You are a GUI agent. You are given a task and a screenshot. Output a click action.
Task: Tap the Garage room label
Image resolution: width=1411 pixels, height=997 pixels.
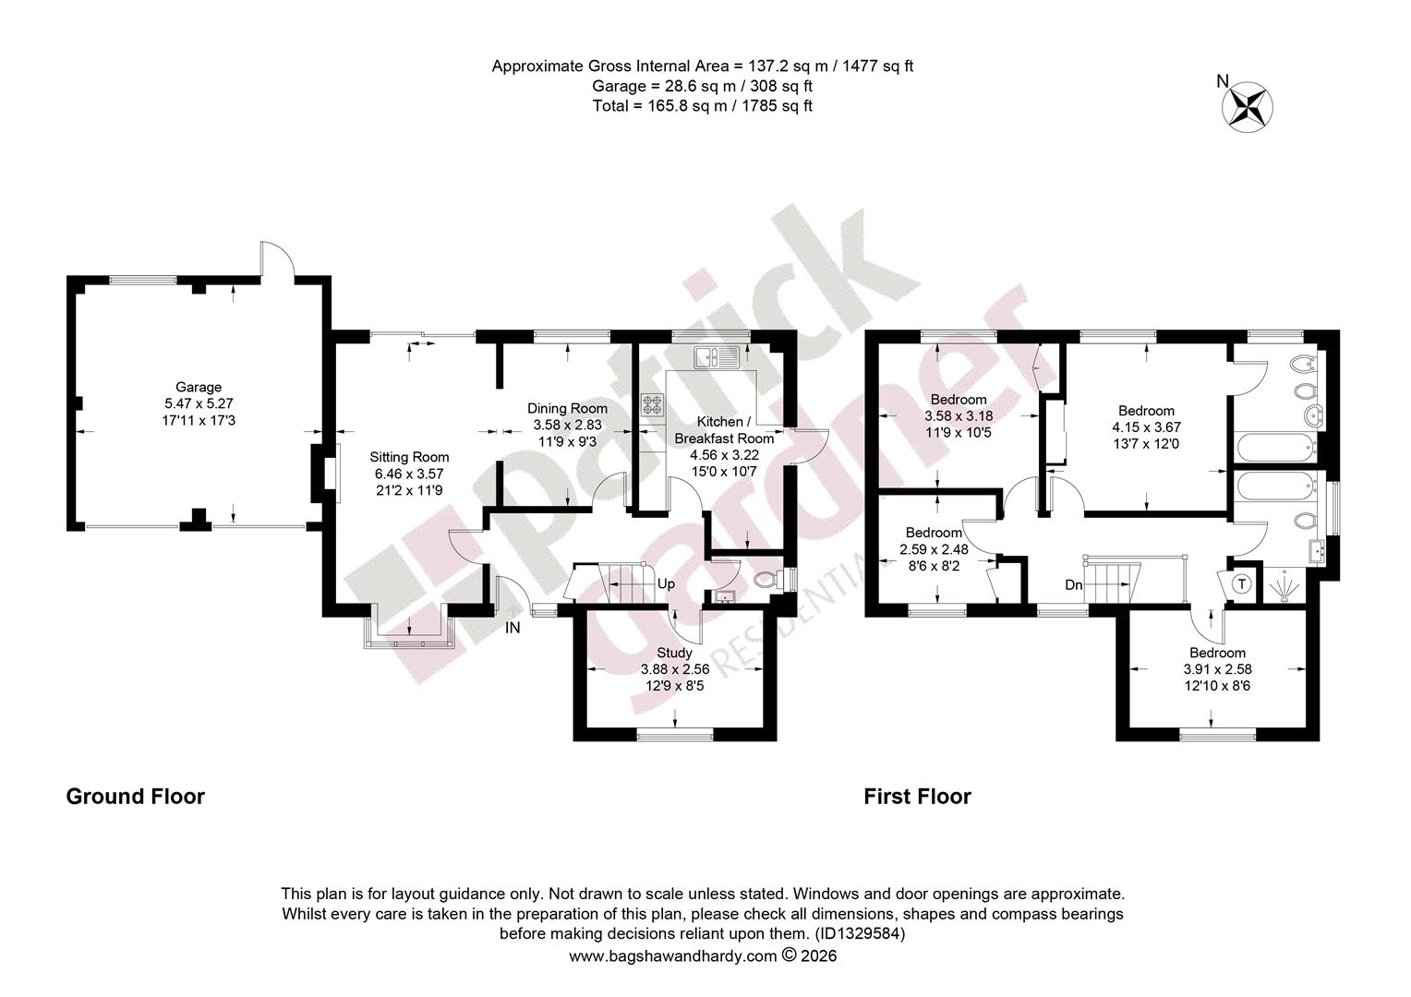[x=199, y=388]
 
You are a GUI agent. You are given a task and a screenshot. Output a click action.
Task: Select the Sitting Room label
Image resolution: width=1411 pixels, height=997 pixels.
[x=409, y=457]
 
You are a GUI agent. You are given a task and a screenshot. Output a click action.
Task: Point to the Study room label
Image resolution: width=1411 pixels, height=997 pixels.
[x=674, y=653]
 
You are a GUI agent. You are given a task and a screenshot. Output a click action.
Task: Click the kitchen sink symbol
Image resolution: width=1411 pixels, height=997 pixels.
[x=718, y=356]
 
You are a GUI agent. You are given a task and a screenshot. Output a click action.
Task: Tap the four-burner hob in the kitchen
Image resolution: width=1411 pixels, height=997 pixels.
[x=653, y=404]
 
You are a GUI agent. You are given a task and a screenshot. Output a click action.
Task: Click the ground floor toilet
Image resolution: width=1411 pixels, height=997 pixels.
[x=770, y=580]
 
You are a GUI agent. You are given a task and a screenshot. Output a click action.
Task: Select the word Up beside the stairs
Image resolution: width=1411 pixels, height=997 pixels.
[x=666, y=583]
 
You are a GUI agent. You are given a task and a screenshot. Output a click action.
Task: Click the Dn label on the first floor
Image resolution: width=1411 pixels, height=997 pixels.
[x=1073, y=585]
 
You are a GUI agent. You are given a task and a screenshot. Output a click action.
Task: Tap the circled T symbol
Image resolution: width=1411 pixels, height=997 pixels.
[x=1242, y=583]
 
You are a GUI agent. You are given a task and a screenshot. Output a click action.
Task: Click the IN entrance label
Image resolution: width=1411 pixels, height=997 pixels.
[x=513, y=628]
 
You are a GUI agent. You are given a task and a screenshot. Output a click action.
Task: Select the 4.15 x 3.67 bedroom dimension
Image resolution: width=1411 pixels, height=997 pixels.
[x=1146, y=427]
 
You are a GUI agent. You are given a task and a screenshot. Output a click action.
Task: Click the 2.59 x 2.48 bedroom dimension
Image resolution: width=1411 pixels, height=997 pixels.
[x=935, y=549]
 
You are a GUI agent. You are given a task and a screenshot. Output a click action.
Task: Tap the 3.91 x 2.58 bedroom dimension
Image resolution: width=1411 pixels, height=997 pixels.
[x=1217, y=669]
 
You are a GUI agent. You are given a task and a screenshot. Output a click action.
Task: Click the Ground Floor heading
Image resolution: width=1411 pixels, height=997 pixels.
[x=136, y=797]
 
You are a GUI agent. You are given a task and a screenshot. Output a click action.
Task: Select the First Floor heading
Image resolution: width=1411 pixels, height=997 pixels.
[x=917, y=797]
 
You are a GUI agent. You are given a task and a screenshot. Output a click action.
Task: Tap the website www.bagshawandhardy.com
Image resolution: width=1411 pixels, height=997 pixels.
[x=672, y=956]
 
